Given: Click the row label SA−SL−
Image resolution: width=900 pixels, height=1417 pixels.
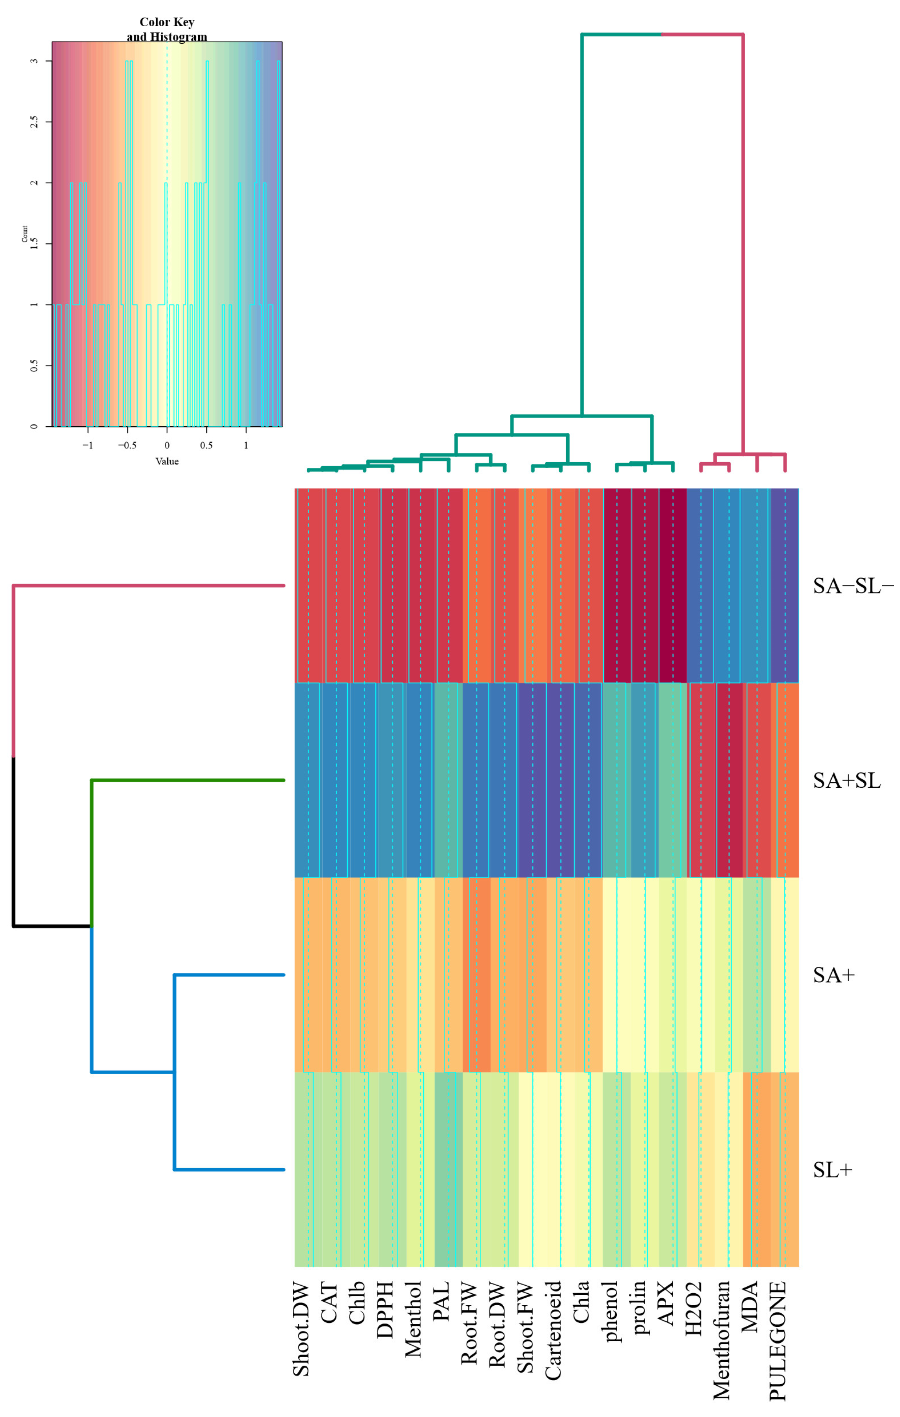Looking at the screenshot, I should click(x=852, y=586).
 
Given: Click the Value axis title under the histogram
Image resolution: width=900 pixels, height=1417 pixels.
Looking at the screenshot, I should click(x=167, y=462).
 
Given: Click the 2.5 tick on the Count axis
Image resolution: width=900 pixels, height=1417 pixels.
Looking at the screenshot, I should click(x=34, y=121).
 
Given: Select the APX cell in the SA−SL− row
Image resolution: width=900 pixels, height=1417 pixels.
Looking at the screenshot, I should click(x=672, y=586).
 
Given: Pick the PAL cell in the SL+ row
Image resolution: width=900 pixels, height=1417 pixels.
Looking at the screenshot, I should click(x=448, y=1169).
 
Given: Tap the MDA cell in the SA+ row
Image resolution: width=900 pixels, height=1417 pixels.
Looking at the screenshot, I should click(x=756, y=975).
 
